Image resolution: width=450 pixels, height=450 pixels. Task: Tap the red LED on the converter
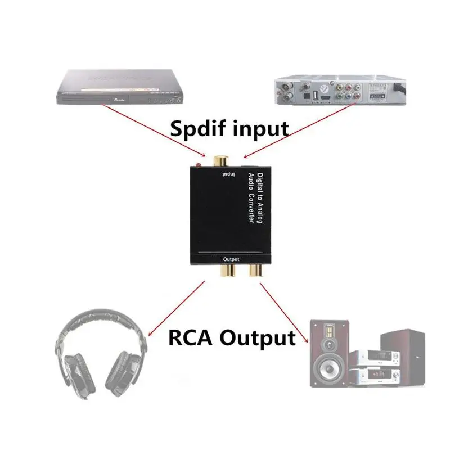pyautogui.click(x=199, y=165)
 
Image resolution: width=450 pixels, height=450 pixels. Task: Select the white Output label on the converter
pyautogui.click(x=231, y=259)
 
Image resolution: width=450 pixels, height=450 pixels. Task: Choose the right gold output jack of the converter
pyautogui.click(x=255, y=271)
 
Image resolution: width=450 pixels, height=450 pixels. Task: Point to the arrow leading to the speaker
pyautogui.click(x=285, y=312)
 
